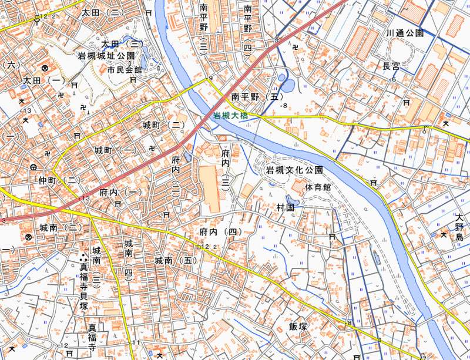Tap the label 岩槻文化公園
[294, 170]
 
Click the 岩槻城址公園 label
[106, 57]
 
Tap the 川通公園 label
[405, 33]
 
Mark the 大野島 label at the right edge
[459, 227]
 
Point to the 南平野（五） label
[257, 96]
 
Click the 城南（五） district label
[174, 260]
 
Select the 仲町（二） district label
[59, 180]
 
